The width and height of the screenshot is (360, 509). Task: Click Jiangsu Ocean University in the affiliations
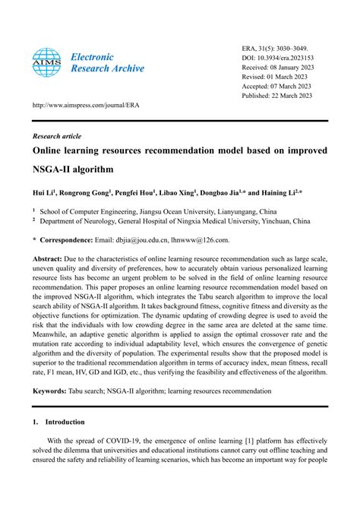[172, 213]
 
